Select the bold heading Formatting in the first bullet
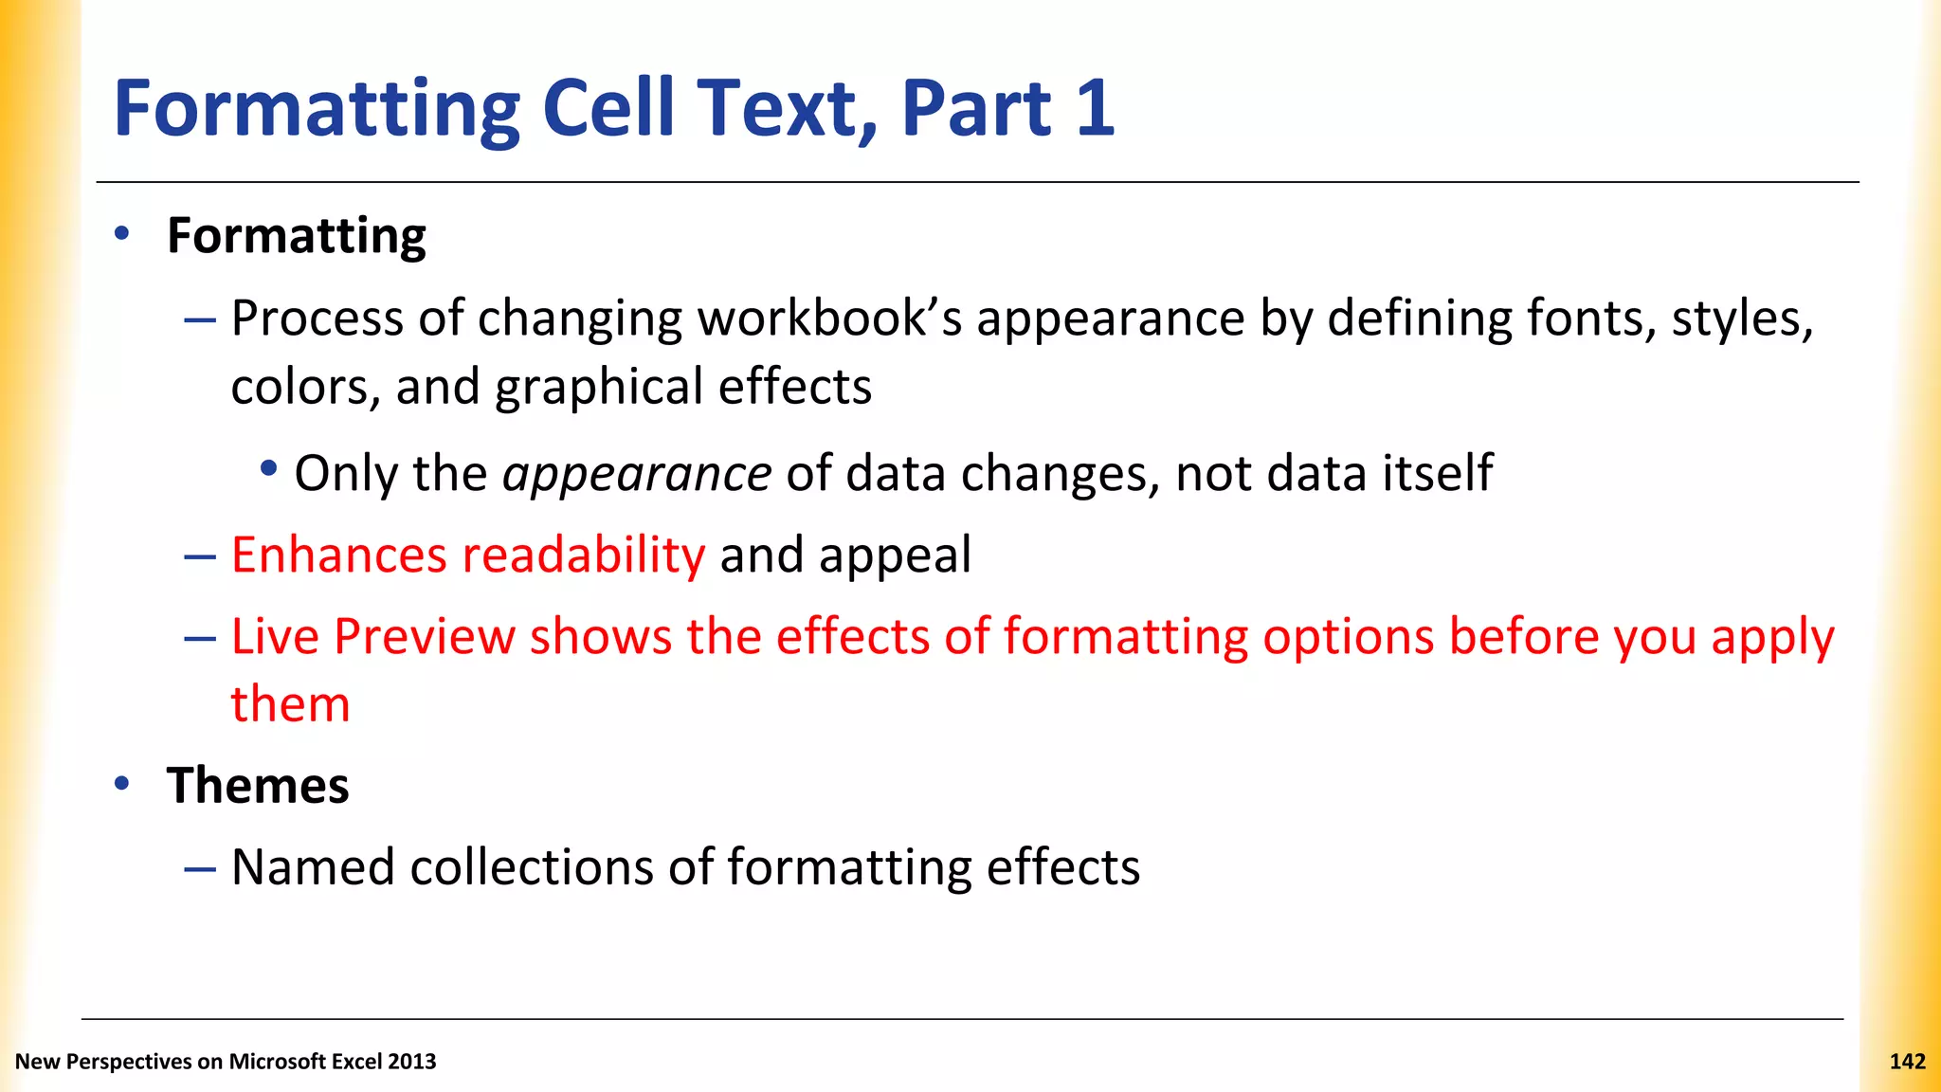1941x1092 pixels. coord(297,236)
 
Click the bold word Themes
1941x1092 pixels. coord(258,786)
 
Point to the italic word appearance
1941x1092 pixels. coord(637,473)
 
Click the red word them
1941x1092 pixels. coord(290,704)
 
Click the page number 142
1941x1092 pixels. coord(1907,1062)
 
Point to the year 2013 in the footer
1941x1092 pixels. coord(411,1062)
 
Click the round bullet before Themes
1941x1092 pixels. coord(121,783)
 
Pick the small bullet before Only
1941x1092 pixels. coord(269,468)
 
